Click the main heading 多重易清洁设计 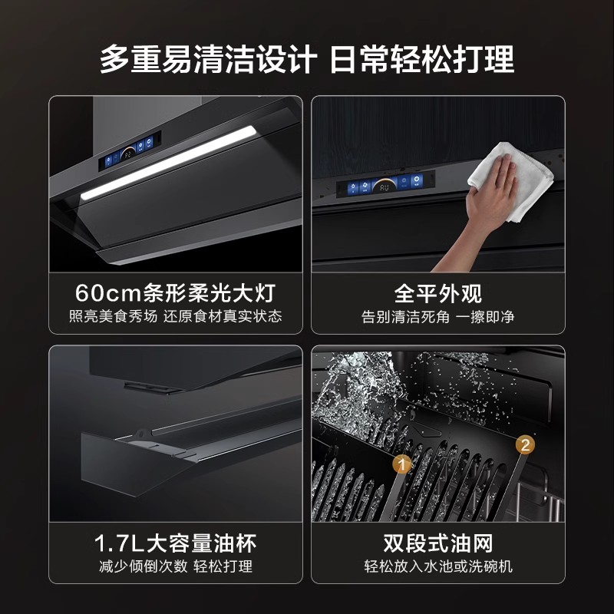coord(208,59)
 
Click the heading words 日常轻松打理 coord(422,59)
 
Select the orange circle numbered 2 coord(525,444)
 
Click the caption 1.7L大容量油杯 coord(176,543)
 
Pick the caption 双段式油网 coord(437,543)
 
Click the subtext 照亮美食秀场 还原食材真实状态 coord(175,316)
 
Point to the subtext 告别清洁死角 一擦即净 coord(437,316)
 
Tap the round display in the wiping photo coord(384,186)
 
